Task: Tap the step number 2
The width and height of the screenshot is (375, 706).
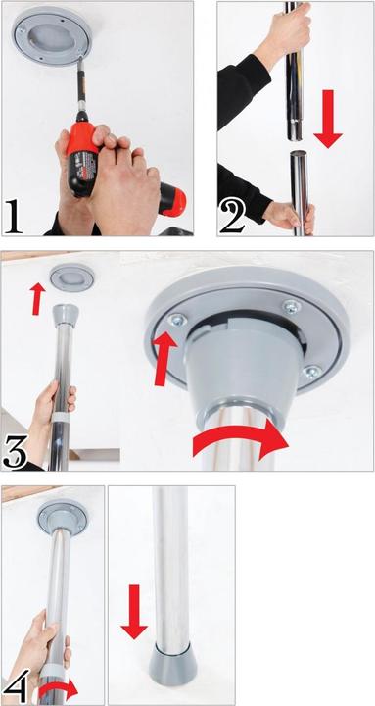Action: [x=232, y=217]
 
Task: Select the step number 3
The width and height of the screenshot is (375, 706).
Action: [x=15, y=451]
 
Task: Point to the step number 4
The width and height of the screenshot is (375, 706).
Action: [x=17, y=687]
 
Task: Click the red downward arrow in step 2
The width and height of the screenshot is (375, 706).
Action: [x=328, y=119]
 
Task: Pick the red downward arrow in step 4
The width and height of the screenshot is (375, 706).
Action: [x=134, y=612]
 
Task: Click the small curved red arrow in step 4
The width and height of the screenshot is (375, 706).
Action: [x=59, y=689]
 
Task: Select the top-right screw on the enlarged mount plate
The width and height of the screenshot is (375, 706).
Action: [x=292, y=307]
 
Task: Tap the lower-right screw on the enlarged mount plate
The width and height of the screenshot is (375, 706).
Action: [x=310, y=373]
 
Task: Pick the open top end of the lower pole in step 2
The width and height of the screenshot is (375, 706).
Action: [x=298, y=154]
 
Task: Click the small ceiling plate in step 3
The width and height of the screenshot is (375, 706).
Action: [x=71, y=277]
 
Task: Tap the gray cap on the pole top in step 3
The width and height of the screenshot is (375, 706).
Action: [x=66, y=315]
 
